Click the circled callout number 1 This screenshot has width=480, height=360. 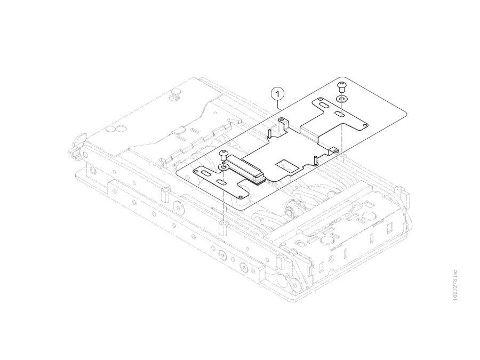click(x=278, y=94)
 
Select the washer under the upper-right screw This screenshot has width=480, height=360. click(x=341, y=99)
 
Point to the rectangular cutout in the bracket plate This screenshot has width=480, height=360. click(x=287, y=165)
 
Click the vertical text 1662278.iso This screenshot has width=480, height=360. click(x=455, y=285)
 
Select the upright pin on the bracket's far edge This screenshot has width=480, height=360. click(x=269, y=134)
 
